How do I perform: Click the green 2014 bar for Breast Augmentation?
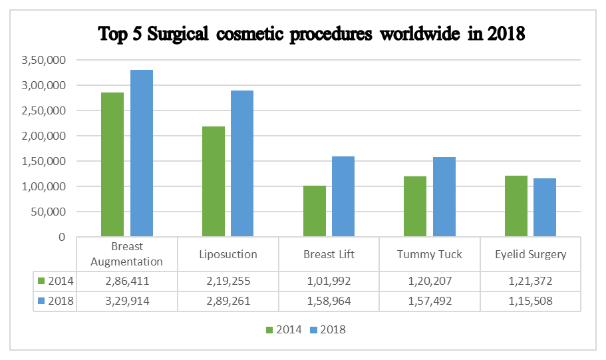112,164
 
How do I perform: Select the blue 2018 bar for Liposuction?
242,163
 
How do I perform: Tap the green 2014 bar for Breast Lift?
315,211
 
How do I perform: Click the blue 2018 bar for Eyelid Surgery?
545,207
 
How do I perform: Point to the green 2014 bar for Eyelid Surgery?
516,206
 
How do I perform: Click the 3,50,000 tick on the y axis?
43,60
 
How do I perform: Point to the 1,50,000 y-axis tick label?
43,161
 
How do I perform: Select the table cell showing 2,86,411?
126,281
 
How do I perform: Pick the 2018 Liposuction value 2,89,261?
227,301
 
